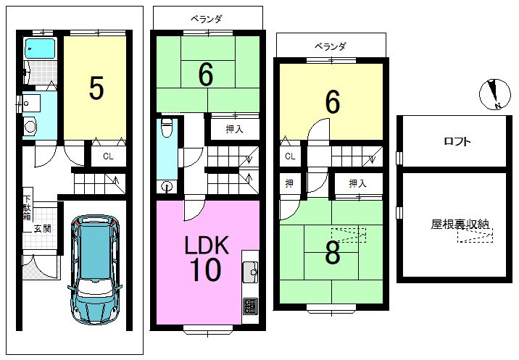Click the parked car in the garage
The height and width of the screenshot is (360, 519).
tap(95, 269)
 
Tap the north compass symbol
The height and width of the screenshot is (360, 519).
tap(495, 94)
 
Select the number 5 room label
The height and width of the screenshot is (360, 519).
tap(96, 88)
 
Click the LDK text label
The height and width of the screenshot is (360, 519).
tap(207, 245)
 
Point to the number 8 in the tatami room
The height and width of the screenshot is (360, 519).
tap(332, 253)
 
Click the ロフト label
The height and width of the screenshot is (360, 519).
tap(457, 142)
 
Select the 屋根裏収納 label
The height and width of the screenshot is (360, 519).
tap(460, 224)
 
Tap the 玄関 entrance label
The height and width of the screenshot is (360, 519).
tap(43, 228)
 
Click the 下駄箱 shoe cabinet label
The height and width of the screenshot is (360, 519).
tap(27, 208)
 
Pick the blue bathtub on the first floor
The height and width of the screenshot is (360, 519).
tap(40, 49)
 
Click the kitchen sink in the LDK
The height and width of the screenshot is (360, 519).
tap(251, 272)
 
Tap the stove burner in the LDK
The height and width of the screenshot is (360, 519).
tap(251, 306)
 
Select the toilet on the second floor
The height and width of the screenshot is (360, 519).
tap(167, 127)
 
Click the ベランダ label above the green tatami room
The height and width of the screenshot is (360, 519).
tap(206, 19)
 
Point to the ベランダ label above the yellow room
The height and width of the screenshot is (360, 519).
tap(331, 46)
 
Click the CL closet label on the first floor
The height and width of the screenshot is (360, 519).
tap(108, 156)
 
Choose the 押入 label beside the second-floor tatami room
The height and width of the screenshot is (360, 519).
tap(235, 129)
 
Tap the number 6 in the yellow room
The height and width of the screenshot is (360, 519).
tap(333, 102)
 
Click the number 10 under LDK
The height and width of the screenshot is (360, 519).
tap(205, 269)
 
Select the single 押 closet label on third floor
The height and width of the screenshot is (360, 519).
tap(289, 183)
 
